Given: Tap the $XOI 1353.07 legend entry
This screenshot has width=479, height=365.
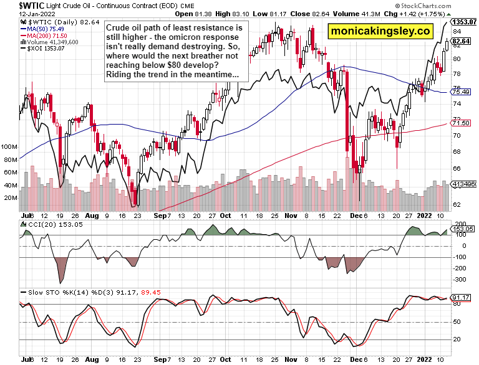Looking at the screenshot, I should (45, 49).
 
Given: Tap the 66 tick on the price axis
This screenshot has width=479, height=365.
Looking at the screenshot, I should (457, 169).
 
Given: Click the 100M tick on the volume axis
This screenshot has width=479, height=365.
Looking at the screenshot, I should (11, 147).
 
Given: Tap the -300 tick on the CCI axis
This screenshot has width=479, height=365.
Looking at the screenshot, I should (460, 280).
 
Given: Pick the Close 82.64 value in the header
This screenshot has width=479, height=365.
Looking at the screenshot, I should (311, 14).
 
